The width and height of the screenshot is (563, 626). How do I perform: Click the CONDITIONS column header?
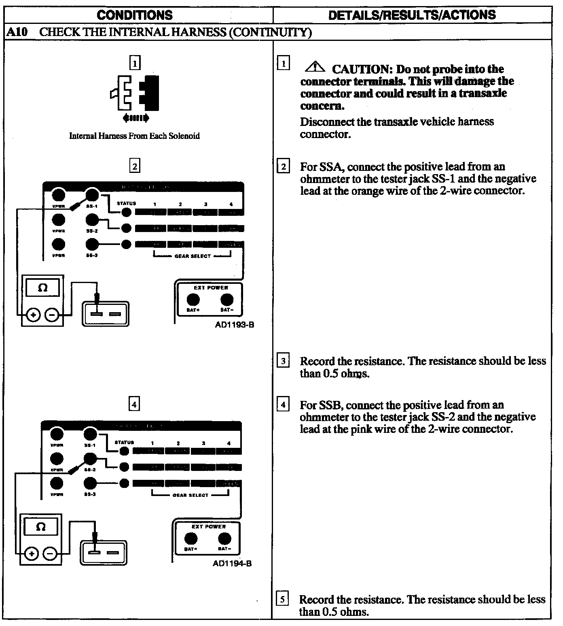pos(135,15)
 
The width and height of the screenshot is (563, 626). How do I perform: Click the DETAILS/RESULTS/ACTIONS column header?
pos(412,15)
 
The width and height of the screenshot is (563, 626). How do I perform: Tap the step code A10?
pos(17,32)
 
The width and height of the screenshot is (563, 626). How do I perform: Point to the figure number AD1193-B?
pos(235,325)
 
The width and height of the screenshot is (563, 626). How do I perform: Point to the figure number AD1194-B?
pos(232,563)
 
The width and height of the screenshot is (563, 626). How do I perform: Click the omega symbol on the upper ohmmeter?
pos(42,288)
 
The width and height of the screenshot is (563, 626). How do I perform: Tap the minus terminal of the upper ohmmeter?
pos(51,315)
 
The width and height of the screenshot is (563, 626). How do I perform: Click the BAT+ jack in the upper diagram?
pos(193,300)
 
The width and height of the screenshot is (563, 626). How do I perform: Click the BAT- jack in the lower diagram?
pos(224,539)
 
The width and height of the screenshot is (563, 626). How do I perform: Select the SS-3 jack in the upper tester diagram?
pos(92,244)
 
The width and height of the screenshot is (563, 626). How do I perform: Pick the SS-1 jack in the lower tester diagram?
pos(90,434)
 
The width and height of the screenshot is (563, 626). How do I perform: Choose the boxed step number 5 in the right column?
pos(282,598)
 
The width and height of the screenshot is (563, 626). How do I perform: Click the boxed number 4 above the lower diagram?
pos(134,404)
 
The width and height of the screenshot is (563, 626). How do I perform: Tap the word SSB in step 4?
pos(330,405)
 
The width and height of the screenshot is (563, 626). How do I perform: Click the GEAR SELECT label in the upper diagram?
pos(193,256)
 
